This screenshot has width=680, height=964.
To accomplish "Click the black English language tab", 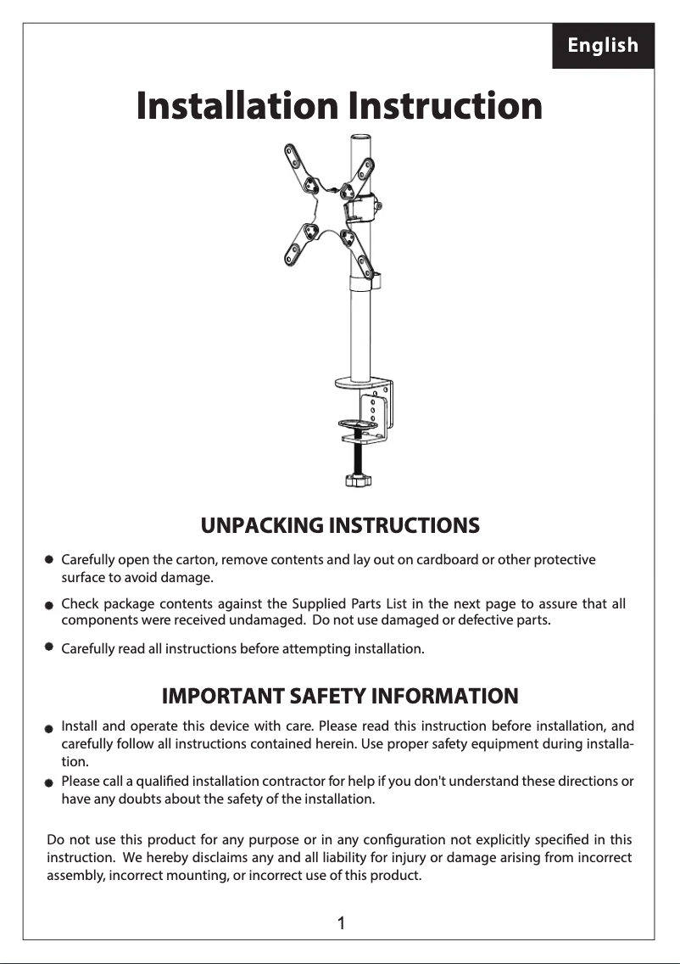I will pyautogui.click(x=603, y=46).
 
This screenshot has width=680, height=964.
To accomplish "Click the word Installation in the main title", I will pyautogui.click(x=237, y=107).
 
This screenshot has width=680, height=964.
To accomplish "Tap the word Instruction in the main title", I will pyautogui.click(x=445, y=107).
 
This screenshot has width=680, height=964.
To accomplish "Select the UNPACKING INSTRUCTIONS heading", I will pyautogui.click(x=340, y=525).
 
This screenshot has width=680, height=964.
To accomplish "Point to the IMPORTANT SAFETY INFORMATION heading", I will pyautogui.click(x=339, y=697).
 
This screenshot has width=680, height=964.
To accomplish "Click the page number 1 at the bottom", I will pyautogui.click(x=340, y=923).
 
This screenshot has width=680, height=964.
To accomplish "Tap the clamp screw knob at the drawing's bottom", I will pyautogui.click(x=359, y=481).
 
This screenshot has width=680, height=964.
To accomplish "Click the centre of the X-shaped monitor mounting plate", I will pyautogui.click(x=326, y=205).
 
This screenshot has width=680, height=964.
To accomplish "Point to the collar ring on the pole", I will pyautogui.click(x=363, y=281).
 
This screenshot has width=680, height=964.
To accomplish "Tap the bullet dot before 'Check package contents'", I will pyautogui.click(x=50, y=605).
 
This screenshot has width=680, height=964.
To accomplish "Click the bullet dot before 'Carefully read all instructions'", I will pyautogui.click(x=50, y=647).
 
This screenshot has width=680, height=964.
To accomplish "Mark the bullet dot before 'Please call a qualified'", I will pyautogui.click(x=50, y=782).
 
